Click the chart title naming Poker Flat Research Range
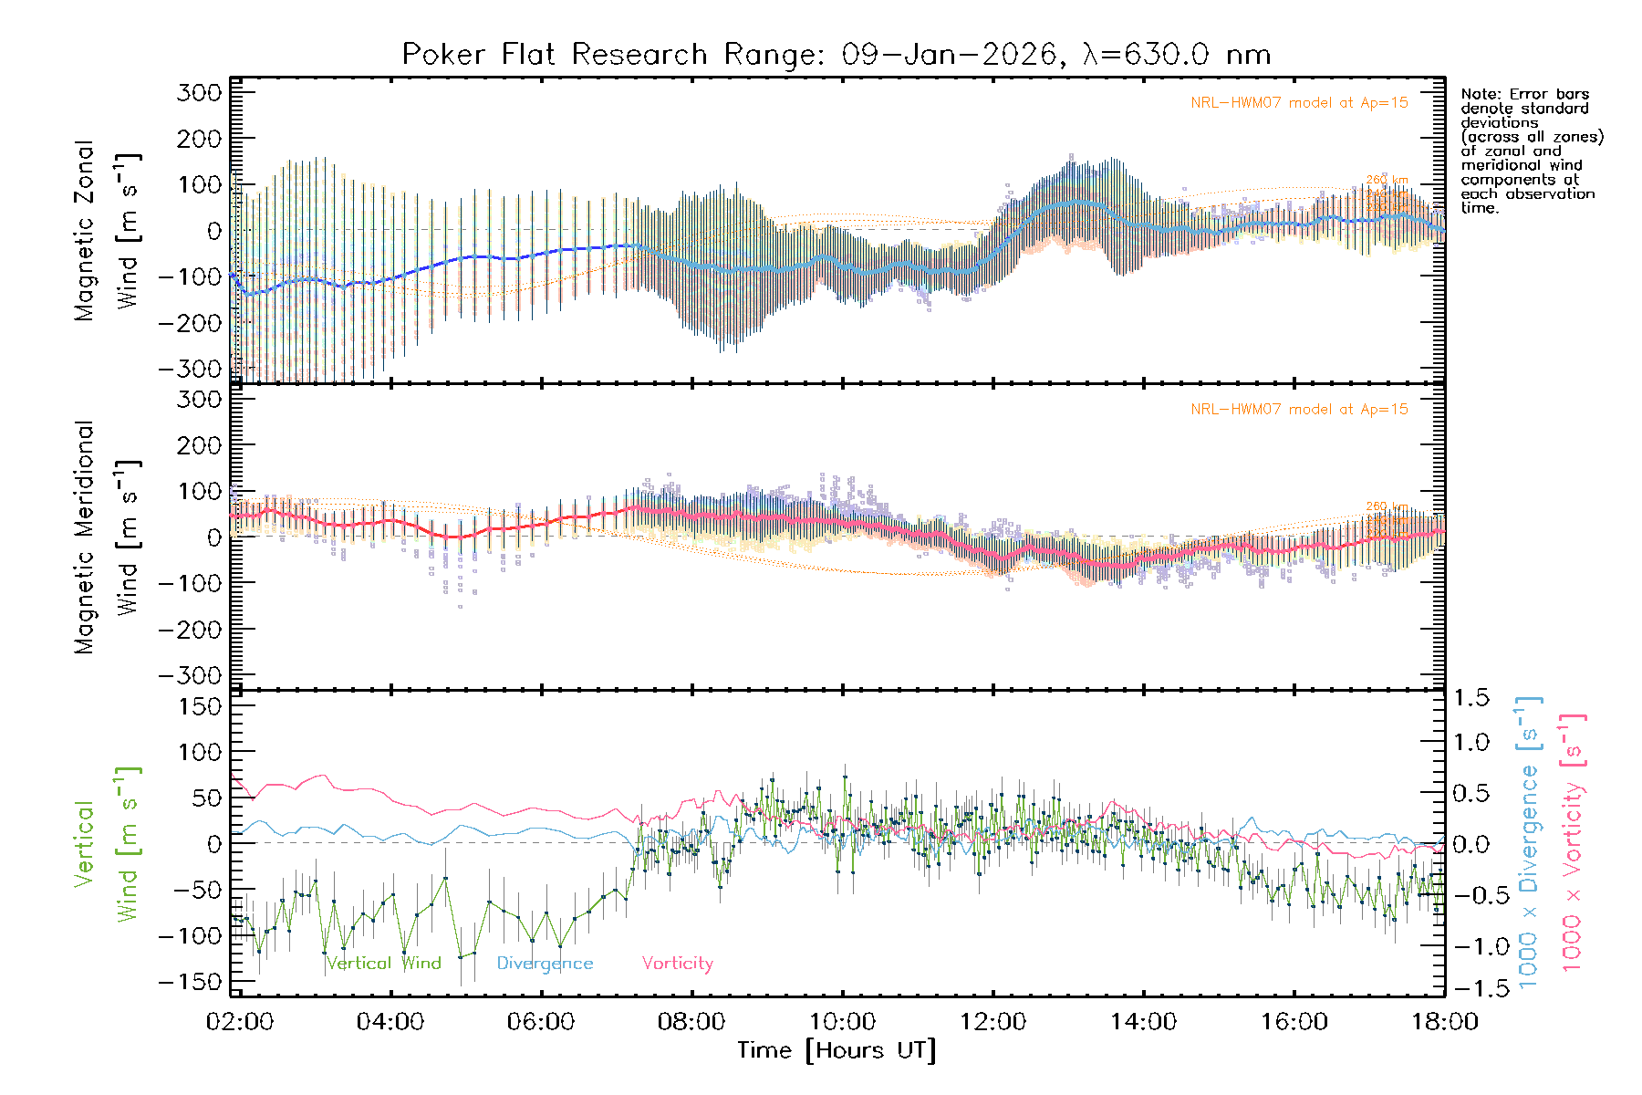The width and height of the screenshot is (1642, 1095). click(837, 55)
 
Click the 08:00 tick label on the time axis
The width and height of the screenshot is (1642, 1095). click(691, 1022)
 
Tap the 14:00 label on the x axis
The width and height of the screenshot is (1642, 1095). click(1143, 1022)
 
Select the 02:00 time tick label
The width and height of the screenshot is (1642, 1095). click(240, 1022)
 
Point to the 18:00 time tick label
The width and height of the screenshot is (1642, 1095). click(1445, 1022)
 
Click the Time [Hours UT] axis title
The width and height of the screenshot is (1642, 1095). click(837, 1050)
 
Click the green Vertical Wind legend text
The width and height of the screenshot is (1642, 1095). click(384, 964)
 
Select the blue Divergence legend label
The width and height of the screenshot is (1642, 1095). click(545, 964)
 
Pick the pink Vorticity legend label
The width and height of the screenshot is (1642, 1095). click(677, 964)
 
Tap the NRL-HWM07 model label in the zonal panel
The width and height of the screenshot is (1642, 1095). click(1299, 103)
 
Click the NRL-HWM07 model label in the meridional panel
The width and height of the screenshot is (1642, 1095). click(1299, 410)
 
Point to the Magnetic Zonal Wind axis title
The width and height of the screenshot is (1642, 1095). click(107, 231)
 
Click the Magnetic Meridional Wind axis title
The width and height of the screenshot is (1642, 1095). click(107, 537)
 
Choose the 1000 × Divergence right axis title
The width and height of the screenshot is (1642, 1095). click(1529, 842)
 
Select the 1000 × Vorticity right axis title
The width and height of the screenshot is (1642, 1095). click(1573, 842)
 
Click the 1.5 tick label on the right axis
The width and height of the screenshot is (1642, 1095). click(1471, 698)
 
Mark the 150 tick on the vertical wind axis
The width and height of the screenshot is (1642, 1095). click(201, 706)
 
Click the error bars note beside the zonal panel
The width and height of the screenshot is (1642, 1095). click(1531, 151)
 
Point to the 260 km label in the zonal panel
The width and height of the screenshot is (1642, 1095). click(1387, 180)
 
